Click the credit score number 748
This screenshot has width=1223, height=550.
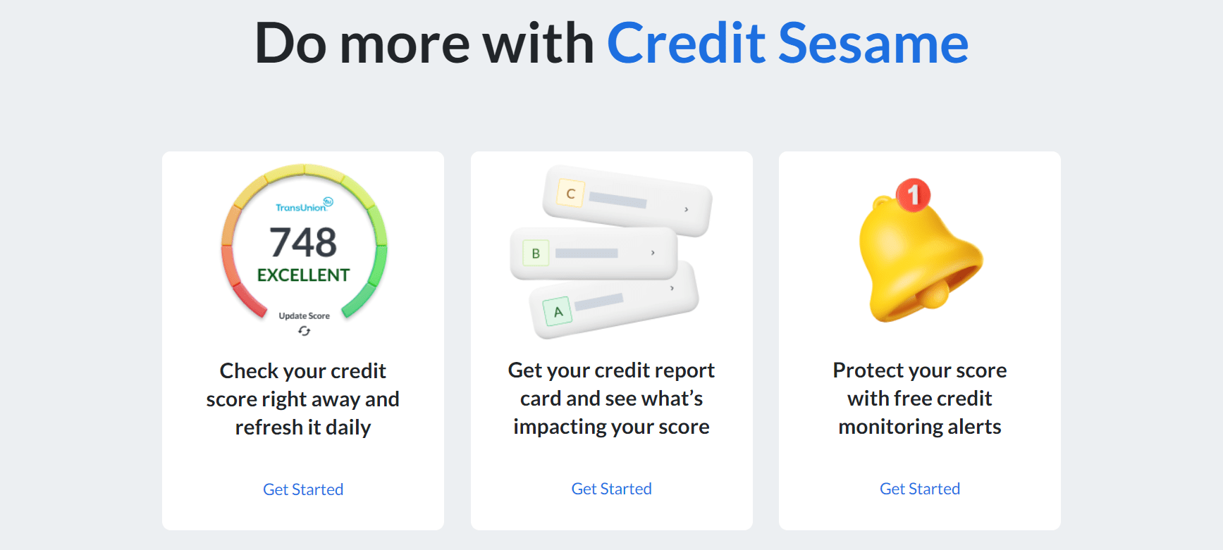point(303,242)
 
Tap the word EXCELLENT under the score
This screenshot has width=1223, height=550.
point(303,275)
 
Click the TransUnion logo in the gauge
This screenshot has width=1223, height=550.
point(304,205)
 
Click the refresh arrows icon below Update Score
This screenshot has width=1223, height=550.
point(304,331)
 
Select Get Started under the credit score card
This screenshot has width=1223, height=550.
point(303,489)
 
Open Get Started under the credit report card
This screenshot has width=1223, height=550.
point(611,489)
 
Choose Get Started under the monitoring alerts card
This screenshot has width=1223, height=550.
point(920,489)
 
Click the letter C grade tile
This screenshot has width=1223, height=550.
point(570,194)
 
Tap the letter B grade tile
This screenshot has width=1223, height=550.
point(536,254)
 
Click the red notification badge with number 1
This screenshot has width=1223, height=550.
point(914,194)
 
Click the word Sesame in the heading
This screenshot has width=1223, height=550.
point(873,44)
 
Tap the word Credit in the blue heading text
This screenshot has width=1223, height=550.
point(686,44)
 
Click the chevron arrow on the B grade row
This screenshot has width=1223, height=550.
point(653,253)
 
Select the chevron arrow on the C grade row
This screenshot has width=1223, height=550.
point(686,209)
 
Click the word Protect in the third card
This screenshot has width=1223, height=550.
point(868,370)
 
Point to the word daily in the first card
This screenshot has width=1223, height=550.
point(348,427)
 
